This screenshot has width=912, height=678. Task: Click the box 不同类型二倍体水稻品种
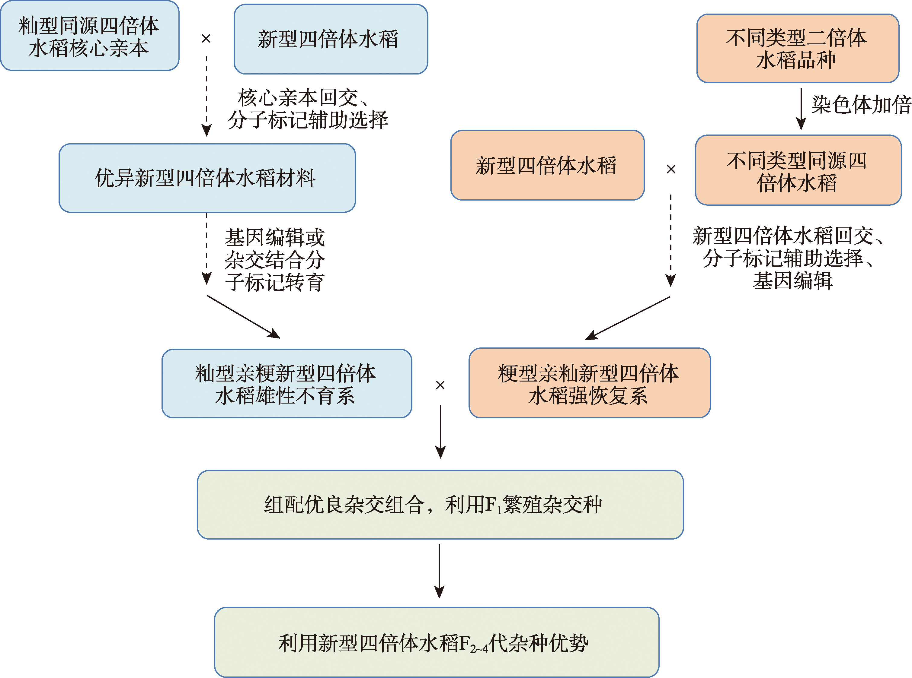[797, 49]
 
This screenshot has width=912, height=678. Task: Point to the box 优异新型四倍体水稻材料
[206, 178]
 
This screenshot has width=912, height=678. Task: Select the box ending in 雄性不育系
[286, 384]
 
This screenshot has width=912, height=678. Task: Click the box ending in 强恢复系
[589, 384]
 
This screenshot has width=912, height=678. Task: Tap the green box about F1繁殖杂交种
[440, 504]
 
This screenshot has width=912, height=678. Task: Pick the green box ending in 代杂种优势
[436, 642]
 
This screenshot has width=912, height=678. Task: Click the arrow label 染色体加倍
[861, 105]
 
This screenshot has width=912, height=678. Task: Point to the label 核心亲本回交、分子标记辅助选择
[307, 109]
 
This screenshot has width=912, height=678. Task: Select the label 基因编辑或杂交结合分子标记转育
[274, 260]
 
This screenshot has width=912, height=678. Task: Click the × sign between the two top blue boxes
[206, 39]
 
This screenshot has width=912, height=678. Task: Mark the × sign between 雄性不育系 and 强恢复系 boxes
[440, 385]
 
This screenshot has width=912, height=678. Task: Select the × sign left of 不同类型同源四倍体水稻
[671, 169]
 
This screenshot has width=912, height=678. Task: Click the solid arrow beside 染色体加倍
[801, 109]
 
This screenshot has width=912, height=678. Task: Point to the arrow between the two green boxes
[439, 571]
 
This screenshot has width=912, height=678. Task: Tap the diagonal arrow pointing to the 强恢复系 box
[627, 318]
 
